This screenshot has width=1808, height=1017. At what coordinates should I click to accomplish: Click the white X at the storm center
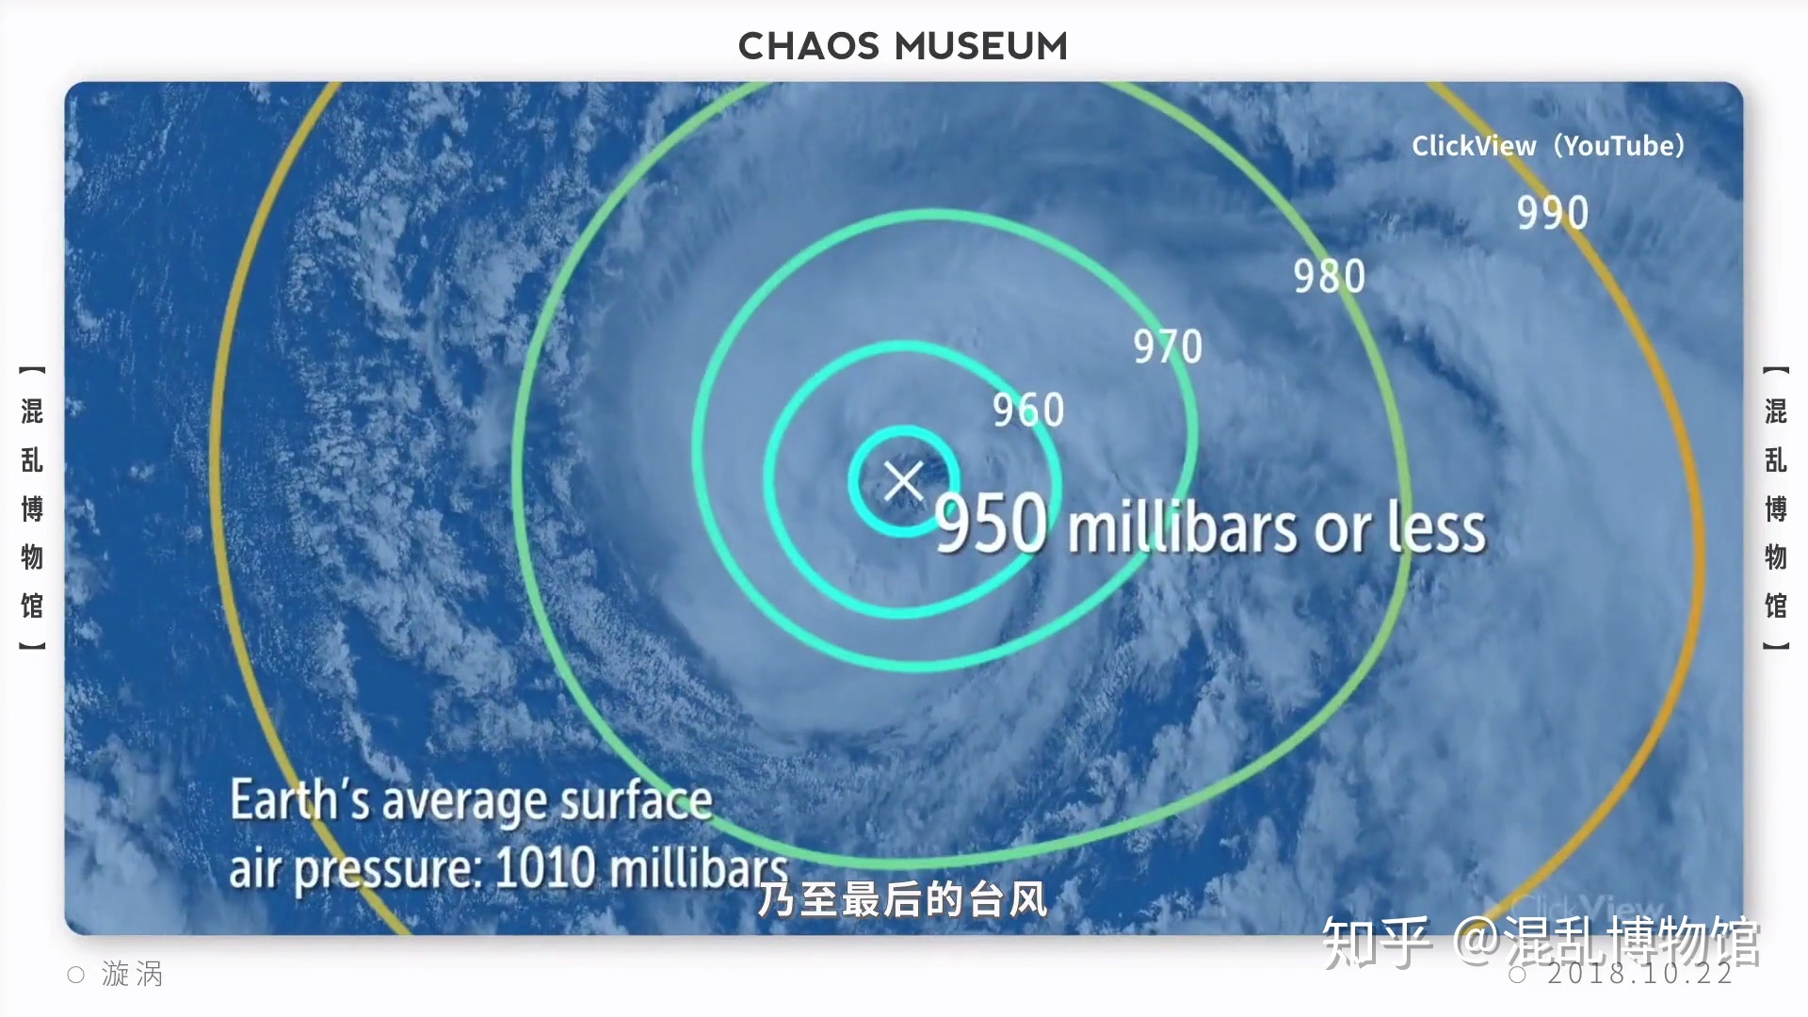point(904,481)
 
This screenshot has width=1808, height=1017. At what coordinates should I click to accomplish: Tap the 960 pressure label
point(1028,410)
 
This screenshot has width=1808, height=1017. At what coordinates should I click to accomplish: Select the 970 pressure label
point(1168,347)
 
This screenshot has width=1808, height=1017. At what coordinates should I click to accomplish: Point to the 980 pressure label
point(1329,276)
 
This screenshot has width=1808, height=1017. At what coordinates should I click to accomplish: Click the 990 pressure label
point(1552,213)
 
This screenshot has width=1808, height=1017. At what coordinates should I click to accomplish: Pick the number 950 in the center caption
point(991,524)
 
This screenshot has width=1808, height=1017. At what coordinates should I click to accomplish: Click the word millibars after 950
point(1182,526)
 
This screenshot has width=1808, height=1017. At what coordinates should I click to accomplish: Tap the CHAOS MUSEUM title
point(903,46)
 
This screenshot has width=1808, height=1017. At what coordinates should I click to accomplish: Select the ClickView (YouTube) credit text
point(1548,146)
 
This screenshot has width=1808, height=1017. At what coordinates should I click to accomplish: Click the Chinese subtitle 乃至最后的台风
point(902,899)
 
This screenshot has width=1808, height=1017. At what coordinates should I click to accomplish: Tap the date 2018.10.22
point(1639,974)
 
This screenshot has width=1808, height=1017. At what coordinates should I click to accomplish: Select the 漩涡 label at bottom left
point(132,974)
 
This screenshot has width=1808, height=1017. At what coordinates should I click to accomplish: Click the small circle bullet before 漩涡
point(76,975)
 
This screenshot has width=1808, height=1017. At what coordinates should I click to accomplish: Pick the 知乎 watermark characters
point(1376,942)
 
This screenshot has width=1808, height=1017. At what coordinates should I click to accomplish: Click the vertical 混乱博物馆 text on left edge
point(33,508)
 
